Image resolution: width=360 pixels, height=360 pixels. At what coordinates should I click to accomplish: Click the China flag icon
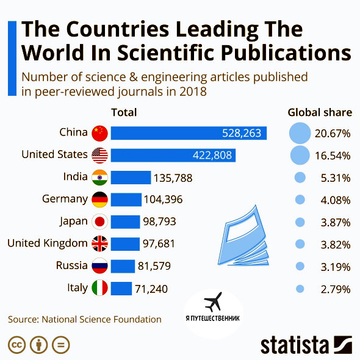[99, 133]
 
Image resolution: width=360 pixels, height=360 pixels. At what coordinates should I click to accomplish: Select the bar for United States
[173, 155]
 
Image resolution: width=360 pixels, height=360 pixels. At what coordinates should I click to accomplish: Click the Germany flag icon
[99, 200]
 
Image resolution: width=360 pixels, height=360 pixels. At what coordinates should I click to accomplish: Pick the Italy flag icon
[99, 289]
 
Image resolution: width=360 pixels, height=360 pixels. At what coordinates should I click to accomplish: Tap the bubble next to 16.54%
[299, 155]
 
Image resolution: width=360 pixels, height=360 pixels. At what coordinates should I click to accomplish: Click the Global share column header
[320, 112]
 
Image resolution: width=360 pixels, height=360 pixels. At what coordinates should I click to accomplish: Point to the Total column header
[124, 112]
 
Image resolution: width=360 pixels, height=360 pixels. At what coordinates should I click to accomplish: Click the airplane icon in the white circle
[213, 301]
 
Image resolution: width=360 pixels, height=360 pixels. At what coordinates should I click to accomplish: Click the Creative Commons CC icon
[17, 345]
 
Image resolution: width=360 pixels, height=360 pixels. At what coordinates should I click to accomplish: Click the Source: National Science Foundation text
[84, 319]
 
